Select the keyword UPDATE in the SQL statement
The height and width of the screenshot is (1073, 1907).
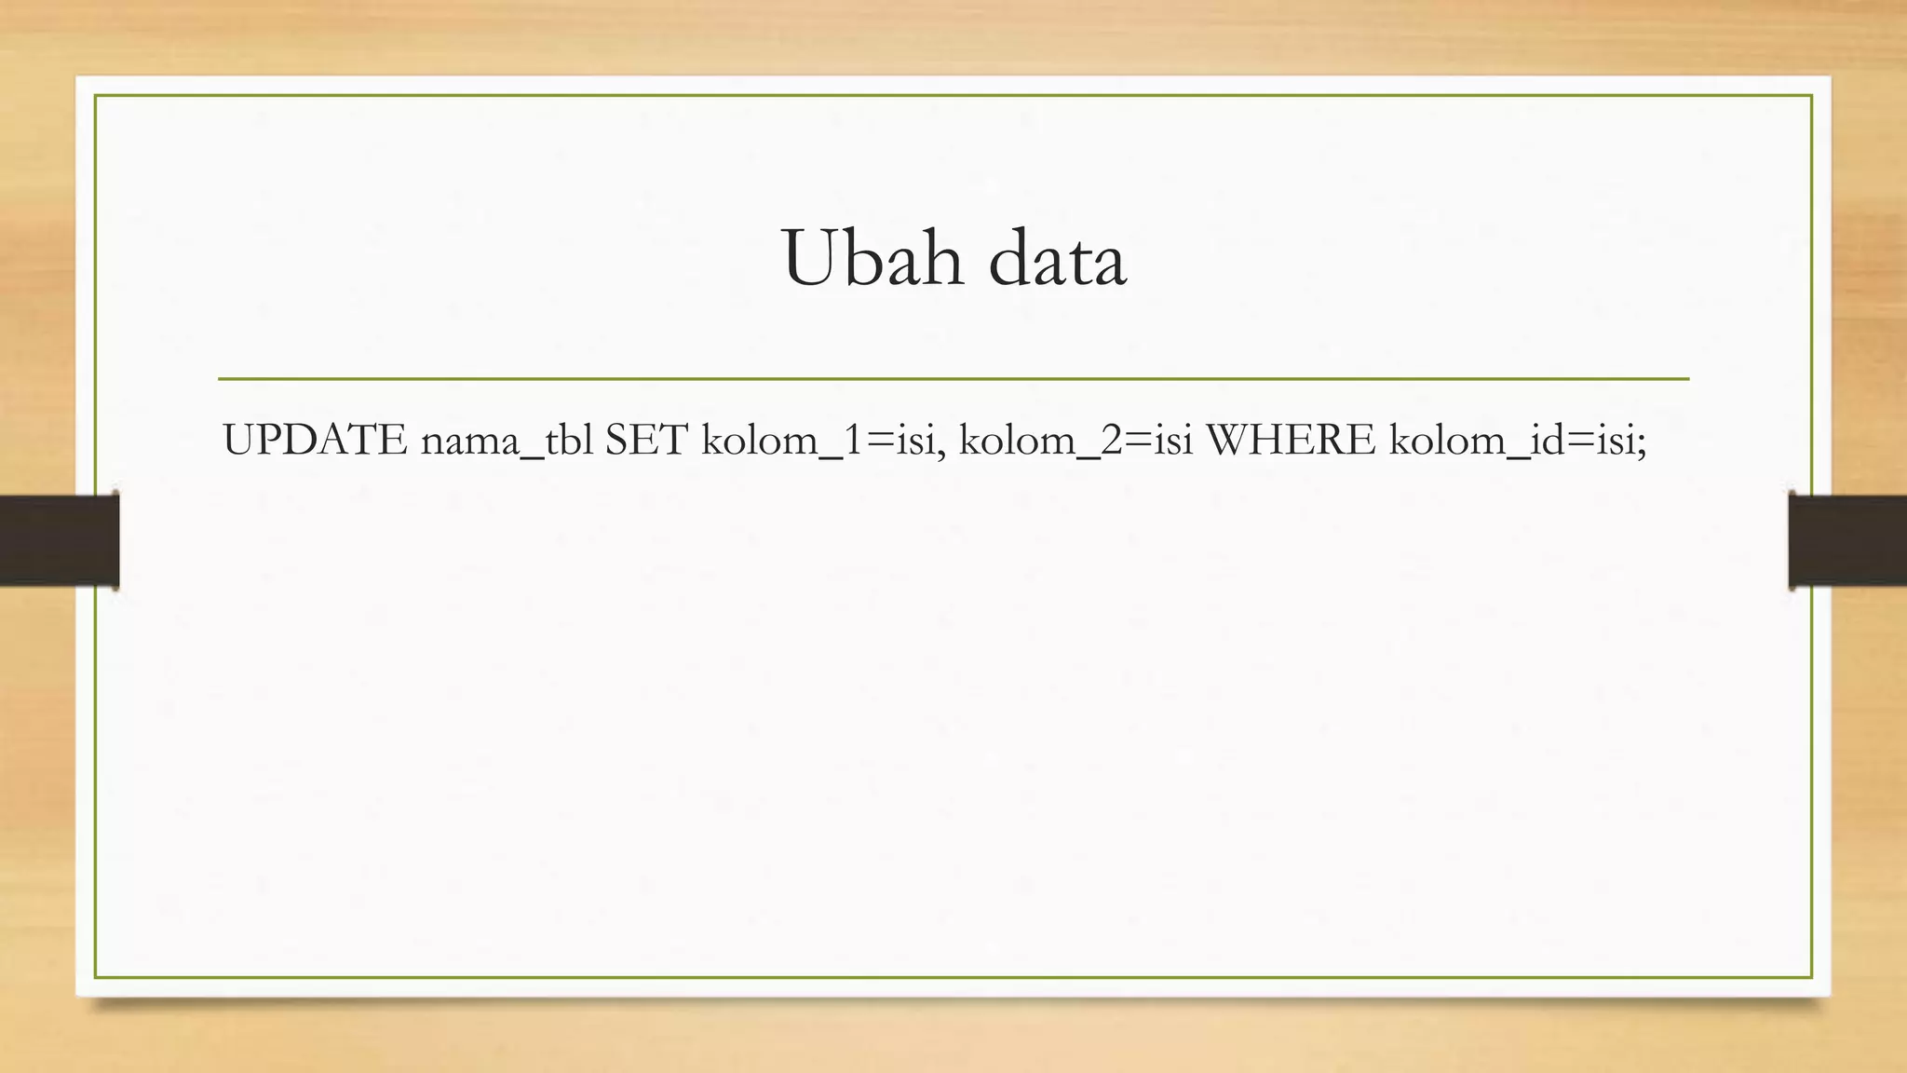pos(315,440)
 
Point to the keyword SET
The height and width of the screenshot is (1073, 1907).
pos(646,440)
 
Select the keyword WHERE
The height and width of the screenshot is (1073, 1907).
pos(1290,440)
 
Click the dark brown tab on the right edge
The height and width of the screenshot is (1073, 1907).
pos(1847,540)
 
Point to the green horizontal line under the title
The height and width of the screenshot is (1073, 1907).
pos(953,379)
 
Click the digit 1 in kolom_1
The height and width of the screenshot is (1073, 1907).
pos(845,440)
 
